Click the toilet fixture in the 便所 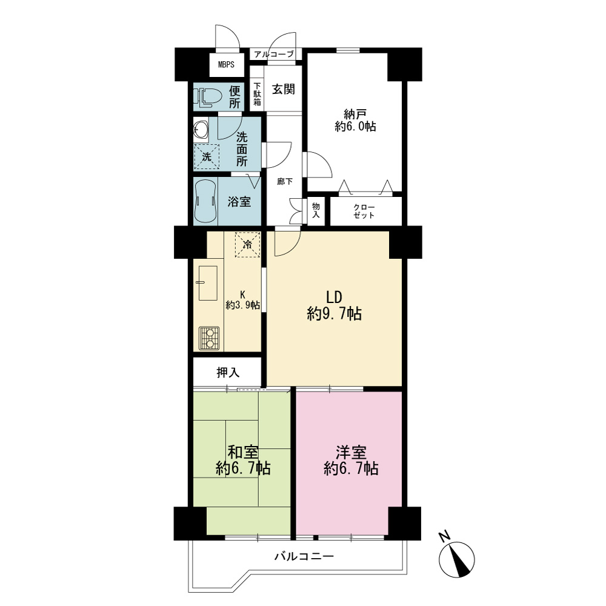coord(207,97)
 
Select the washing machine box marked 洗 coord(207,157)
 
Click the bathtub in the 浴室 coord(205,201)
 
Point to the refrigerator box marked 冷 coord(247,245)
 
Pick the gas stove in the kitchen coord(209,338)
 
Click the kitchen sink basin coord(207,283)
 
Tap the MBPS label coord(226,65)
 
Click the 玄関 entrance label coord(283,89)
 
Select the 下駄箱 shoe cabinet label coord(257,94)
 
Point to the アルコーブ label coord(274,54)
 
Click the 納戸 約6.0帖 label coord(355,120)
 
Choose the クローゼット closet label coord(364,211)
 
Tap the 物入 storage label coord(316,210)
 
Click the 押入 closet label coord(228,373)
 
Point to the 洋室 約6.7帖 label coord(351,461)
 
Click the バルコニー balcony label coord(304,556)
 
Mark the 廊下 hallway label coord(285,181)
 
